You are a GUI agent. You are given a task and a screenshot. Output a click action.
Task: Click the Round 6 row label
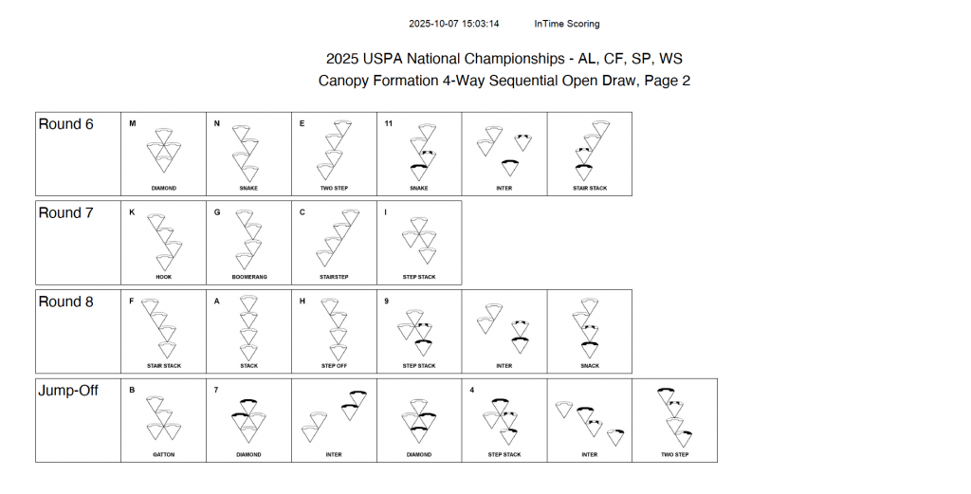click(x=65, y=124)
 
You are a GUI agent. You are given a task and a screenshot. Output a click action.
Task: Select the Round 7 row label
click(x=65, y=213)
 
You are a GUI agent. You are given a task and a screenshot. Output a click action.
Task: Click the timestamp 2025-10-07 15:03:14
click(x=454, y=24)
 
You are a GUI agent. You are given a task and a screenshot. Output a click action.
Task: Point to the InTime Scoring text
click(x=567, y=24)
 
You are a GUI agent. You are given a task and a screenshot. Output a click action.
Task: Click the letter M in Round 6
click(x=133, y=123)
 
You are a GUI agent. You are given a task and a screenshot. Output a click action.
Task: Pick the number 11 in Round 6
click(x=389, y=123)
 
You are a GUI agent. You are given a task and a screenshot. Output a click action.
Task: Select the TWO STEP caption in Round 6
click(x=334, y=188)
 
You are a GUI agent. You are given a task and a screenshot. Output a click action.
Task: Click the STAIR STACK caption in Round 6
click(x=590, y=188)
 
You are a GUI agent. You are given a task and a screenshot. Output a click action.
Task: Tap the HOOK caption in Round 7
click(x=163, y=277)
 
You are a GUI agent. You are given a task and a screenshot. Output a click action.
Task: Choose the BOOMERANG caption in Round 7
click(x=248, y=277)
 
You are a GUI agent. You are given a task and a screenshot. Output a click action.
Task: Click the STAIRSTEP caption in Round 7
click(x=334, y=277)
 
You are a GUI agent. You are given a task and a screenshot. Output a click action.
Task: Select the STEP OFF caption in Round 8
click(x=334, y=366)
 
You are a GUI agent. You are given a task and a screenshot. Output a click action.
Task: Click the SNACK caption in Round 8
click(x=590, y=366)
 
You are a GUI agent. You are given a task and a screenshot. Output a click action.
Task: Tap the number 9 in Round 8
click(x=387, y=302)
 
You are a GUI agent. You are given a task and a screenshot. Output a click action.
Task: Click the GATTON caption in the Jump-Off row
click(x=163, y=454)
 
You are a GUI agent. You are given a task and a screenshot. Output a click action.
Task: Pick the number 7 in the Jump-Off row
click(x=217, y=390)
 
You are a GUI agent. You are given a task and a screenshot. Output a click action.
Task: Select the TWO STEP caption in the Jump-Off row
click(x=675, y=454)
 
